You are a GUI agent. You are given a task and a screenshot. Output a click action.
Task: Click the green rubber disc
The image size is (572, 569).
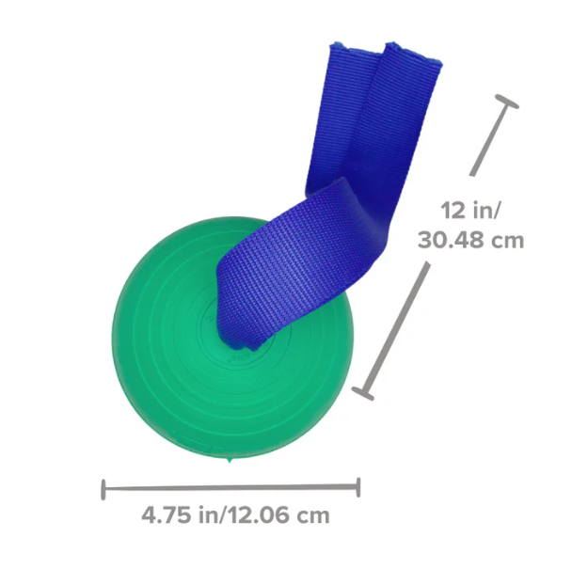point(160,376)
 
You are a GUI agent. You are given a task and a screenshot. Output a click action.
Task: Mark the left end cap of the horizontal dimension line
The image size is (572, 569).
point(103,487)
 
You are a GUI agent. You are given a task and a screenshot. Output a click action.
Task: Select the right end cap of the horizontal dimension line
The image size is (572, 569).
point(358,487)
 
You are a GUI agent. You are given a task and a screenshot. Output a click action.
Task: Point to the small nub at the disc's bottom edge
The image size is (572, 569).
point(230,464)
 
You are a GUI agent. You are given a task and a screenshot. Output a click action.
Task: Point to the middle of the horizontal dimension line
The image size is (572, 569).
point(230,487)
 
